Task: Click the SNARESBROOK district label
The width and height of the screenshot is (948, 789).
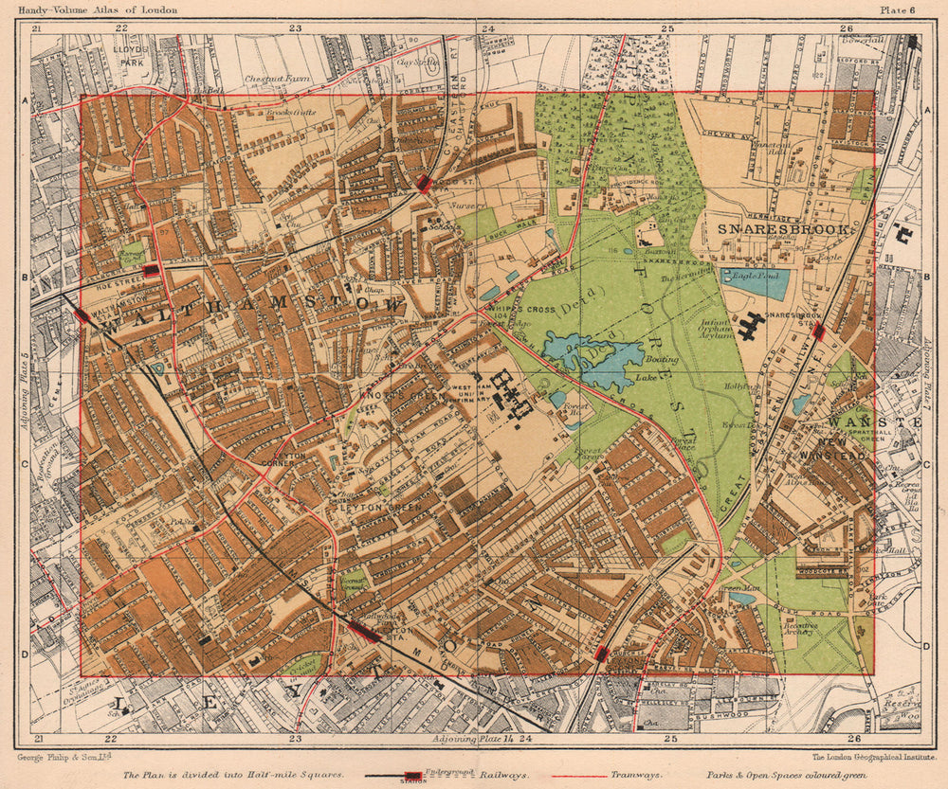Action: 786,229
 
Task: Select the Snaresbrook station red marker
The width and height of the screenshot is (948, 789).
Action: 818,332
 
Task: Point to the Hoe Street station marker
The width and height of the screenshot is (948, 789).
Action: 150,271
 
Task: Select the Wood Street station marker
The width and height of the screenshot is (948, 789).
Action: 425,184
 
